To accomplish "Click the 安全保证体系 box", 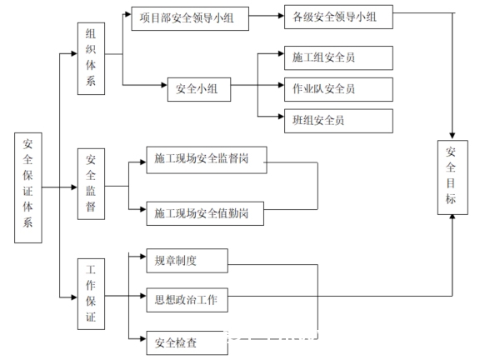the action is coord(28,187).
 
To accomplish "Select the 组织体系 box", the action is coord(91,58).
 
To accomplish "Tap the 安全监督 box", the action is coord(91,184).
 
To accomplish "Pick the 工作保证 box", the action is coord(91,294).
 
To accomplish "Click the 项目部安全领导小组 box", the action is coord(190,18).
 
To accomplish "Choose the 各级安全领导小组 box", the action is coord(338,17).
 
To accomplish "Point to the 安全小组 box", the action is coord(199,89).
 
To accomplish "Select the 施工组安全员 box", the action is coord(338,57).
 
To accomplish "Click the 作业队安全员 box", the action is coord(338,89).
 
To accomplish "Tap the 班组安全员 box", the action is coord(338,121).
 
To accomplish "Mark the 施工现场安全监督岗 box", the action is coord(207,160).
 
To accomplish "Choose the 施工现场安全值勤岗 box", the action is coord(205,213).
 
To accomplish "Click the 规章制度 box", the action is coord(187,261).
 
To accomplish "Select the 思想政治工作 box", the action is coord(187,300).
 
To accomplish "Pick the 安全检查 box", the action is coord(187,342).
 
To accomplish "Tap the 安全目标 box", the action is coord(452,177).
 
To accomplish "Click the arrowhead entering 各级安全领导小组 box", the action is coord(281,16).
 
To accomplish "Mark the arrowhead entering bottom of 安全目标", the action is coord(452,217).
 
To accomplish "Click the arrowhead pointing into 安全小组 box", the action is coord(164,85).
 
